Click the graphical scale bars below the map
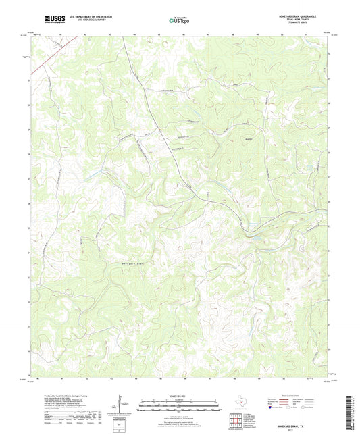[180, 405]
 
